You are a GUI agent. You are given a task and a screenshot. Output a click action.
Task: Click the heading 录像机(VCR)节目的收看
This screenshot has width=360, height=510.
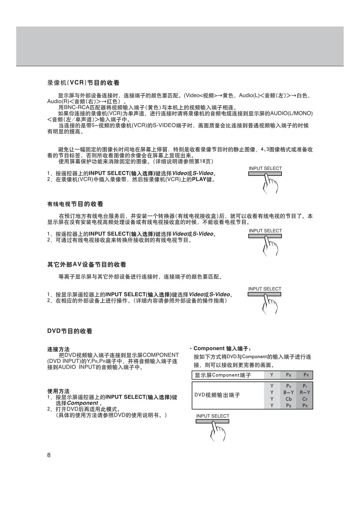83,83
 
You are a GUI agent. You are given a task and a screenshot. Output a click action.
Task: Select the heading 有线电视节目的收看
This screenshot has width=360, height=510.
75,204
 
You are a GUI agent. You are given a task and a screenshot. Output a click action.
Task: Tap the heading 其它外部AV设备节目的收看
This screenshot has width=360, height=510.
87,265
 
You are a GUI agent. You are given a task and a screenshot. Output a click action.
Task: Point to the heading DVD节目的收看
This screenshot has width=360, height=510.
70,331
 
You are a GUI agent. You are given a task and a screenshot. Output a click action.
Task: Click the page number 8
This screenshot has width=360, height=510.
49,456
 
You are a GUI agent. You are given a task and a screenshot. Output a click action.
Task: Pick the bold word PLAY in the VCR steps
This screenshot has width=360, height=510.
199,179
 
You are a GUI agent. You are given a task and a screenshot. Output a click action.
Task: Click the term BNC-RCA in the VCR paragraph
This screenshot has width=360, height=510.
74,108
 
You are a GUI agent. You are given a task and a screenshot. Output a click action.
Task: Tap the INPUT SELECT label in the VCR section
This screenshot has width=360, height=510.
265,169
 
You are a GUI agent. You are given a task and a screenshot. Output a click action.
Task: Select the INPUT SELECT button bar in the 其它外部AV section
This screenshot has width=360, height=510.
265,294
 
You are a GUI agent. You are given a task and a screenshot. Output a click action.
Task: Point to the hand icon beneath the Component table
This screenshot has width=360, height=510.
218,432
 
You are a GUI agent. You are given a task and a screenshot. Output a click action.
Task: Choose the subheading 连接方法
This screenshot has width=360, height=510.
58,349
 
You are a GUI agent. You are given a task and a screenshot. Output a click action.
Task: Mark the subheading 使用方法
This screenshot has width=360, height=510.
58,391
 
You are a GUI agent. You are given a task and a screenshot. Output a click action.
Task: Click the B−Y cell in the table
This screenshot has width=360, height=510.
289,393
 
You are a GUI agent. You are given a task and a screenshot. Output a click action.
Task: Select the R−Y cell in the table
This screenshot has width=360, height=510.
305,393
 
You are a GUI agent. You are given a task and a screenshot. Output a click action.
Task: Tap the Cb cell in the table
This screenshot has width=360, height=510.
289,399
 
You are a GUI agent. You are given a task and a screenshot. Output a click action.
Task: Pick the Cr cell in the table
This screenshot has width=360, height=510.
305,399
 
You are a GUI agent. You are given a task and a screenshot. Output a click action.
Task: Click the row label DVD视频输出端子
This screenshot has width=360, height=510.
217,395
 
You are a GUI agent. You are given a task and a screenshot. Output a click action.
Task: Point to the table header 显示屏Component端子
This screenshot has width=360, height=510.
223,375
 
